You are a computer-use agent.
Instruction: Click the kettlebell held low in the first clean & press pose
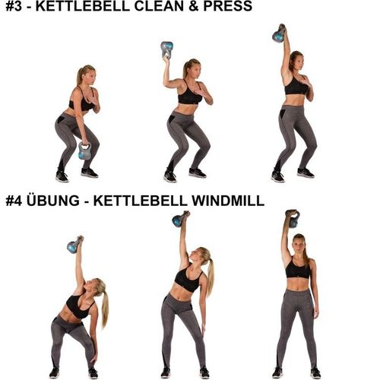point(84,151)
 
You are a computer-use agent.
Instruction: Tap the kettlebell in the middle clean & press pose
point(166,49)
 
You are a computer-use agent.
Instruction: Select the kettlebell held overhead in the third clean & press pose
point(280,33)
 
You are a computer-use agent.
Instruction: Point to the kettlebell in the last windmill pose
point(292,218)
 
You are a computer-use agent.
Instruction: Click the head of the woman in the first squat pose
point(85,75)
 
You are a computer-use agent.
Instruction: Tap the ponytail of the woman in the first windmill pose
point(103,302)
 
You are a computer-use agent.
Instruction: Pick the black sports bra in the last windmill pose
point(298,269)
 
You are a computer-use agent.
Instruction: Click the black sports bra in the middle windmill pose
point(186,281)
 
